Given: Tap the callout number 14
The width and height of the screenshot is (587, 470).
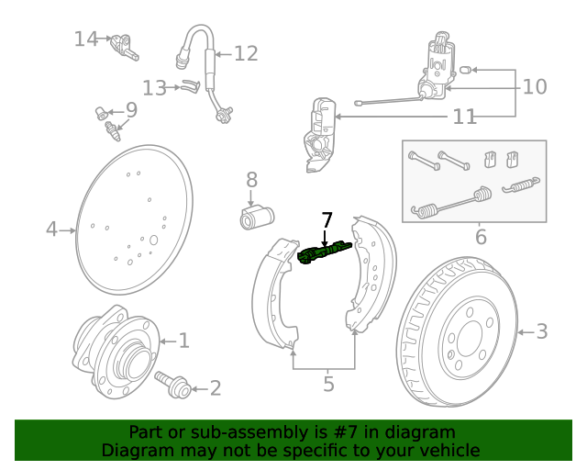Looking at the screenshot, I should pyautogui.click(x=86, y=39).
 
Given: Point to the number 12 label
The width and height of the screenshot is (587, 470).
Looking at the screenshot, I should pyautogui.click(x=246, y=53).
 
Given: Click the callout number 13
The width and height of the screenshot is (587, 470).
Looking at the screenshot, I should pyautogui.click(x=154, y=88).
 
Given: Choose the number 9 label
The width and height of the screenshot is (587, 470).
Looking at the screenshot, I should pyautogui.click(x=131, y=110).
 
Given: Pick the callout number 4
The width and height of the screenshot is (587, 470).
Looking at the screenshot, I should pyautogui.click(x=52, y=229).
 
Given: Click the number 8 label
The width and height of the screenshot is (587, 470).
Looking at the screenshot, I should pyautogui.click(x=251, y=180).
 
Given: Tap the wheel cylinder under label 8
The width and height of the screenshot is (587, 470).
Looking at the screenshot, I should pyautogui.click(x=257, y=218).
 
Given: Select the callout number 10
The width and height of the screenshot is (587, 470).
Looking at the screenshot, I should pyautogui.click(x=534, y=87).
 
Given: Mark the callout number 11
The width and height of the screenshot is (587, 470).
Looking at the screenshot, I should pyautogui.click(x=464, y=117).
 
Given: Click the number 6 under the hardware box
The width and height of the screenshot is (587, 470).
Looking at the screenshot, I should pyautogui.click(x=481, y=238).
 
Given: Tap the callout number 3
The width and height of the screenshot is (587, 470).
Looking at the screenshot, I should pyautogui.click(x=541, y=331).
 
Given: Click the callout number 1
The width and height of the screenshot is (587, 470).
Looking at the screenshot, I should pyautogui.click(x=183, y=341).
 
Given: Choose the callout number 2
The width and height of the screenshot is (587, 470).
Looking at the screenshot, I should pyautogui.click(x=215, y=388).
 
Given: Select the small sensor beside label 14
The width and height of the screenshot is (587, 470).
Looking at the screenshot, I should pyautogui.click(x=123, y=45).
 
